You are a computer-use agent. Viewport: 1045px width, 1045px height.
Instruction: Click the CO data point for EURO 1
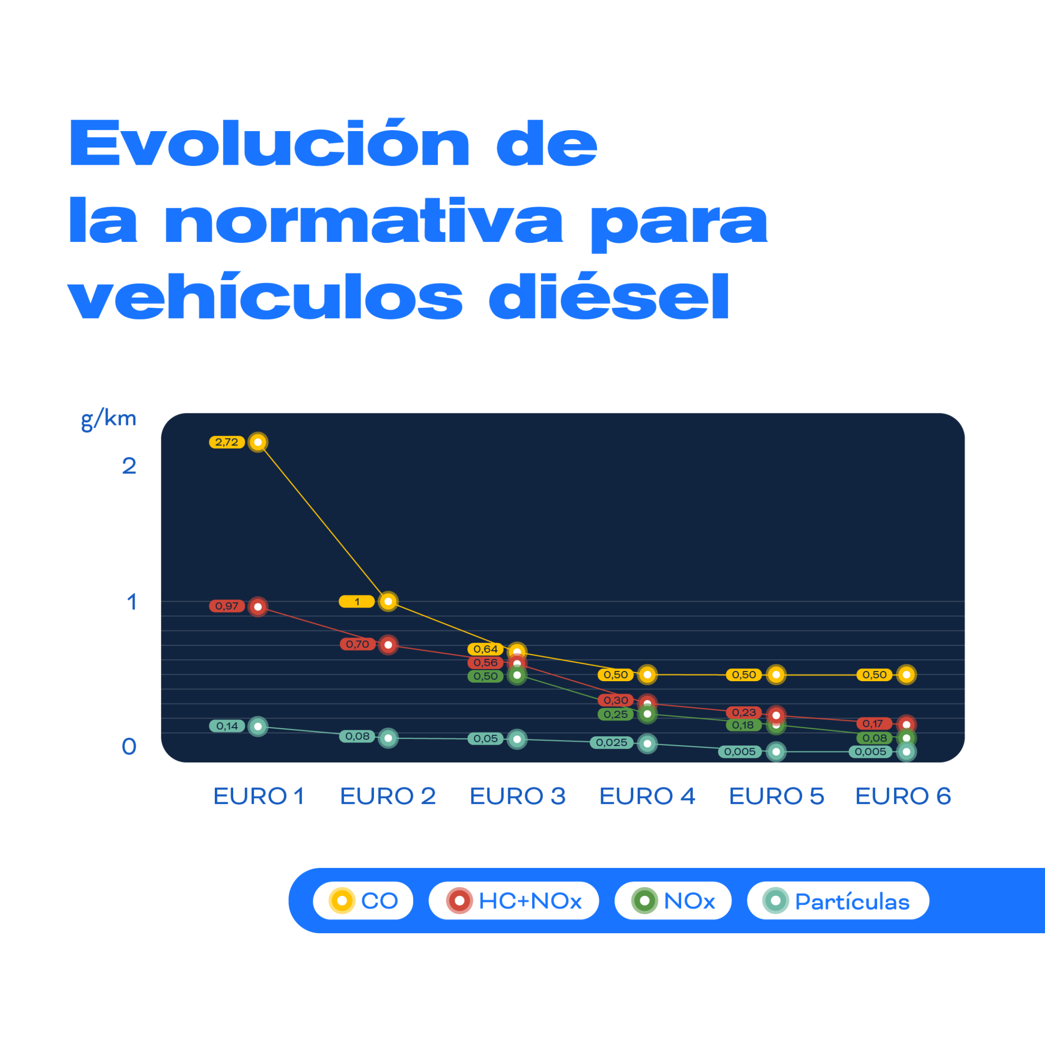click(x=258, y=442)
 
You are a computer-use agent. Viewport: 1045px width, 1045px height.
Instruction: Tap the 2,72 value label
click(x=227, y=442)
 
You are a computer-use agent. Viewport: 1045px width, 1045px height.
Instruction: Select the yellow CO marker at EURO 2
click(x=388, y=602)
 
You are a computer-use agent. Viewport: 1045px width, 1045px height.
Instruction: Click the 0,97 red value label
click(x=227, y=606)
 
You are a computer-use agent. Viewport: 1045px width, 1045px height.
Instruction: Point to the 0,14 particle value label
click(x=227, y=726)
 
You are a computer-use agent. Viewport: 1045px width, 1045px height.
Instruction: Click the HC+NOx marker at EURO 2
click(x=388, y=645)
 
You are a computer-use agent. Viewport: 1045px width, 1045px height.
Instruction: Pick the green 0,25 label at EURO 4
click(x=615, y=714)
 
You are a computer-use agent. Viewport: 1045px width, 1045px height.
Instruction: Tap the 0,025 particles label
click(x=611, y=742)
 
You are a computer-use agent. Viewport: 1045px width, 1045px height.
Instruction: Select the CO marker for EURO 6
click(x=907, y=675)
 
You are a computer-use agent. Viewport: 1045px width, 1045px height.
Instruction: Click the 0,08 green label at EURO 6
click(x=874, y=738)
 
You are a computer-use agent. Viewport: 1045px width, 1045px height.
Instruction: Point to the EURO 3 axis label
click(x=517, y=796)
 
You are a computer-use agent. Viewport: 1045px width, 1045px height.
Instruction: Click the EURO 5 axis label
click(x=776, y=796)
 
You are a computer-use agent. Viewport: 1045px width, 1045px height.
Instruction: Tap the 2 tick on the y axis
click(x=129, y=466)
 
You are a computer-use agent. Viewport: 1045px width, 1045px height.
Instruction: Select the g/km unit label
click(x=108, y=419)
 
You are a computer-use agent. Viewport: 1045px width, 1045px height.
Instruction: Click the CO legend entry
click(x=363, y=901)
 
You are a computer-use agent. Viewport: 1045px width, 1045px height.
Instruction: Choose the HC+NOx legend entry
click(x=513, y=901)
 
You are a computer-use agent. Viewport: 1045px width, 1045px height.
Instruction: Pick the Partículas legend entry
click(x=837, y=901)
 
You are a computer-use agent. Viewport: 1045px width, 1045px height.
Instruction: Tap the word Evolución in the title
click(x=269, y=143)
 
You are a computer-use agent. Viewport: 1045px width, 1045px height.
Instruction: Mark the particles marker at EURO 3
click(x=517, y=739)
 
